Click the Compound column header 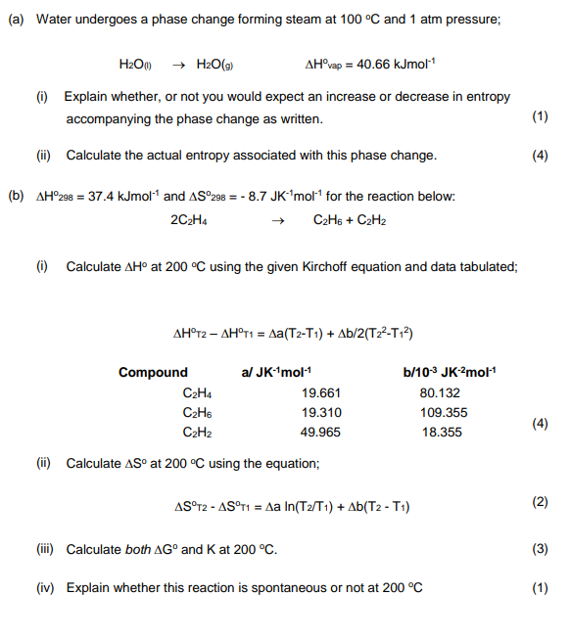pos(153,372)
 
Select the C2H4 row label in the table pos(198,392)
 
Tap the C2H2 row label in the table pos(198,432)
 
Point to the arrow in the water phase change pos(178,65)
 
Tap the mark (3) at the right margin pos(540,549)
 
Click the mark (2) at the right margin pos(540,502)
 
